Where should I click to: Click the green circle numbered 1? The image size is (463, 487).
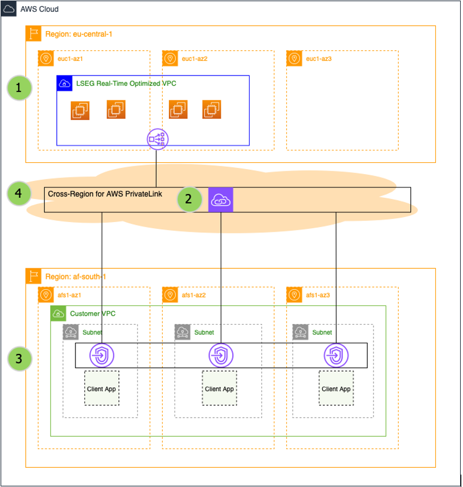pyautogui.click(x=19, y=88)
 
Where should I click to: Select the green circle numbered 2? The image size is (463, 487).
pyautogui.click(x=189, y=199)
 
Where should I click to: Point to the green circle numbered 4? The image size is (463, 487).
pyautogui.click(x=19, y=193)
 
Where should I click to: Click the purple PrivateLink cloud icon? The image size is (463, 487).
pyautogui.click(x=220, y=200)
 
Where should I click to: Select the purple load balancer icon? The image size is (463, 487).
pyautogui.click(x=157, y=139)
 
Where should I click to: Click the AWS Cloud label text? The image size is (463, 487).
pyautogui.click(x=39, y=10)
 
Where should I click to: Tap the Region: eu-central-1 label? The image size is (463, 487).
pyautogui.click(x=79, y=34)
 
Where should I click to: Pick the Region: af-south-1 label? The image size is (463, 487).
pyautogui.click(x=75, y=277)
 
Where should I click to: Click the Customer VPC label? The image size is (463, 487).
pyautogui.click(x=93, y=313)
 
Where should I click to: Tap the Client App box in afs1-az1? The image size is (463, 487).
pyautogui.click(x=101, y=388)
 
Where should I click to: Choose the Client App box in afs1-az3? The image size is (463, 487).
pyautogui.click(x=336, y=388)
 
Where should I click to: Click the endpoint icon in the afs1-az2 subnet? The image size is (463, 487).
pyautogui.click(x=221, y=356)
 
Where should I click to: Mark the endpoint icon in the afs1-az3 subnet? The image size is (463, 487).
pyautogui.click(x=336, y=356)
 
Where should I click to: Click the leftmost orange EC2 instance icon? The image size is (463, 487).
pyautogui.click(x=81, y=110)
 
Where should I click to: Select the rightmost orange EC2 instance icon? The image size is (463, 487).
pyautogui.click(x=212, y=110)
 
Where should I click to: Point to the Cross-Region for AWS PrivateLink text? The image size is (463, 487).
pyautogui.click(x=97, y=193)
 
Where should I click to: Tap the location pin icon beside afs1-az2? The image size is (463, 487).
pyautogui.click(x=170, y=294)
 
